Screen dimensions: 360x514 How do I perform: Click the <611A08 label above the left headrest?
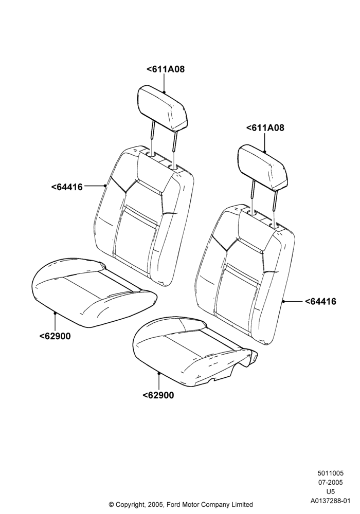pos(166,69)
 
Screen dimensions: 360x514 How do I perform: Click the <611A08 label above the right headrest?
pos(265,128)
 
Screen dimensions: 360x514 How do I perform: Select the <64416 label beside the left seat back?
pos(67,187)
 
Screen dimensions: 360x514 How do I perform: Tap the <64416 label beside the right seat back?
pos(320,301)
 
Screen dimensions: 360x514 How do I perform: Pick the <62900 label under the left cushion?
pos(55,336)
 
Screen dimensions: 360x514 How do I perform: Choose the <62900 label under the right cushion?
pos(158,395)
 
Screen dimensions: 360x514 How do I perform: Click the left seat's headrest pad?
pos(163,107)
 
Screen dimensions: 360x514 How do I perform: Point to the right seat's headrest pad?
pos(263,168)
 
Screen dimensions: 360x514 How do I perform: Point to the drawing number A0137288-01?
pos(331,501)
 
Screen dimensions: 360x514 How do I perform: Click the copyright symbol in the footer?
pos(111,505)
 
